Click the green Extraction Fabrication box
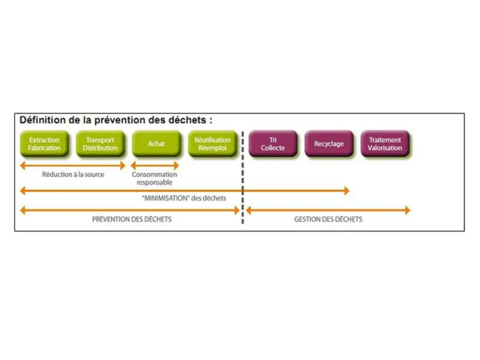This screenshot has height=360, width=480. (x=44, y=143)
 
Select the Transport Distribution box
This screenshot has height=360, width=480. (x=100, y=143)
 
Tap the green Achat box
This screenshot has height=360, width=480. (x=156, y=143)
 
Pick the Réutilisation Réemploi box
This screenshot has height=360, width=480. (x=212, y=143)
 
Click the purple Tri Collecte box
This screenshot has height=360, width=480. (x=273, y=143)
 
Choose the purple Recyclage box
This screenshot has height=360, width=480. (x=329, y=143)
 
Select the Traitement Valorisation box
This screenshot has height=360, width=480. (x=385, y=143)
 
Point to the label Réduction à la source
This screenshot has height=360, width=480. (x=73, y=174)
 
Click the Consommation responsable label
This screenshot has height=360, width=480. (x=154, y=178)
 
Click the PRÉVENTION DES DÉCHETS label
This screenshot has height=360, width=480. (x=132, y=219)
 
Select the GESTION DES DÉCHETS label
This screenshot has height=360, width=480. (x=328, y=219)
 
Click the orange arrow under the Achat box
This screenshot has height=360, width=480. (x=154, y=165)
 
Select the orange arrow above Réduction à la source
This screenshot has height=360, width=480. (x=73, y=165)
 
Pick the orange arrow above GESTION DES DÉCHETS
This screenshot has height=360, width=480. (x=328, y=210)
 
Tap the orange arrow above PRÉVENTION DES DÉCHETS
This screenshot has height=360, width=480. (x=129, y=210)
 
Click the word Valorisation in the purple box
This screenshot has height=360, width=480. (x=385, y=148)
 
